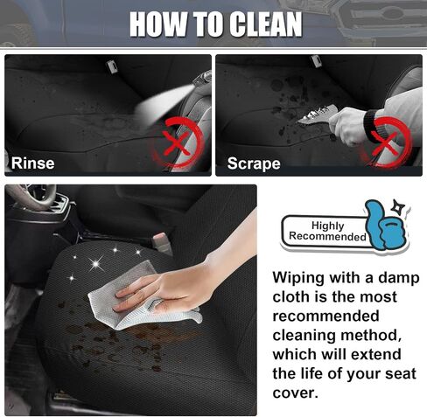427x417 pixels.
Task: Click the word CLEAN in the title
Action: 265,24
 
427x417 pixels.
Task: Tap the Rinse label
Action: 32,163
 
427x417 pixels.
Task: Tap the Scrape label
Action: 254,163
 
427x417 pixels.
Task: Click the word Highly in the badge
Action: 328,226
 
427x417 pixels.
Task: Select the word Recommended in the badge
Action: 327,236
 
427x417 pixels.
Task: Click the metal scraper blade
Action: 318,115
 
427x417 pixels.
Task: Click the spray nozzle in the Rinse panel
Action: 203,79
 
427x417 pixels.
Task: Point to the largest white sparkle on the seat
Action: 96,264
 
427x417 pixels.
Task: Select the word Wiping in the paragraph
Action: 298,278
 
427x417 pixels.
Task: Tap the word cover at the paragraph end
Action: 295,393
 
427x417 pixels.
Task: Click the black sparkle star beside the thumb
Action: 397,206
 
